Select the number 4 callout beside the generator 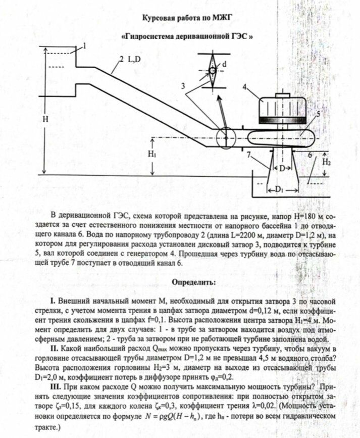pos(244,86)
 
